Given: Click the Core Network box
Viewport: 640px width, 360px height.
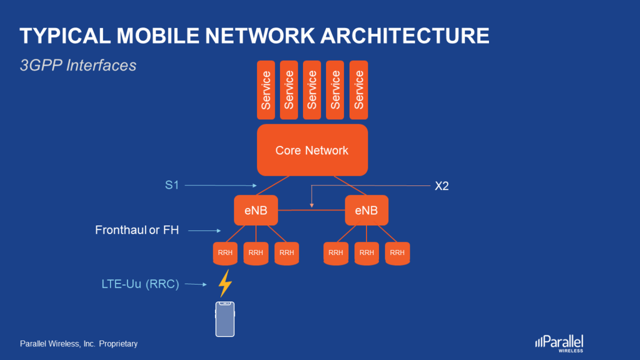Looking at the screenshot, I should coord(312,150).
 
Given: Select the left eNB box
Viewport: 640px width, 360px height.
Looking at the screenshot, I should coord(255,210).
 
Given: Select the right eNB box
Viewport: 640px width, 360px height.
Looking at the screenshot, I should coord(366,210).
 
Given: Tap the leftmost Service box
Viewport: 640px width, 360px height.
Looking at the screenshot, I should coord(266,90).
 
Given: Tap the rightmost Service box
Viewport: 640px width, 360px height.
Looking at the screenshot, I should coord(358,90).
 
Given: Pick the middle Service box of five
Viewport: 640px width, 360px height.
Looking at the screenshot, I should coord(312,90).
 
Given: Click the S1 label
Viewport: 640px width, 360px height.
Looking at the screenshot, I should coord(172,185).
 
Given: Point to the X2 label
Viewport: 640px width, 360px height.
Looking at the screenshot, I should coord(441,186).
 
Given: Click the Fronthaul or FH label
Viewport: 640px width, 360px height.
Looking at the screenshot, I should coord(137,230).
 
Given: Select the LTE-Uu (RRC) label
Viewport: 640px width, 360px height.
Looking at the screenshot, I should coord(140,284).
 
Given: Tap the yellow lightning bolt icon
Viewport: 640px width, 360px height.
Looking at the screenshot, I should coord(225,283).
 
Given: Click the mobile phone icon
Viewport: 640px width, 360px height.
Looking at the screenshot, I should coord(225,319).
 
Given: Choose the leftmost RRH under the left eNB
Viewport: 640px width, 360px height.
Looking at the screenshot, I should coord(225,253).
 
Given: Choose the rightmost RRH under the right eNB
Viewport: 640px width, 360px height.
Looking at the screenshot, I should coord(397,253).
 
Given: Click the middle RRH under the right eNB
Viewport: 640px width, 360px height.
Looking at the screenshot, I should coord(366,253).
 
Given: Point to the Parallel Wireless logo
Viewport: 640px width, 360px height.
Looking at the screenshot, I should coord(559,342).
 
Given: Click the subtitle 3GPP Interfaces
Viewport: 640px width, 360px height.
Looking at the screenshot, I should coord(78,66).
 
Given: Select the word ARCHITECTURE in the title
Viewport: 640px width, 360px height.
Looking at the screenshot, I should coord(404,36).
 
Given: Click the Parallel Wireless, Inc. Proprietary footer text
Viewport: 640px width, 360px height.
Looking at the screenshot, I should coord(79,344).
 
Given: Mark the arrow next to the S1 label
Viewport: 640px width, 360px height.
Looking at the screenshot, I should coord(220,185).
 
